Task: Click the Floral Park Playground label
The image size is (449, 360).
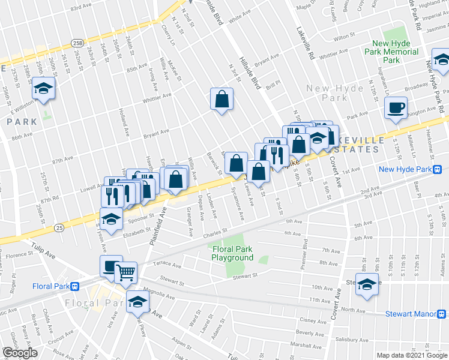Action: click(232, 253)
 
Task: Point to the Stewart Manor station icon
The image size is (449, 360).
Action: click(441, 313)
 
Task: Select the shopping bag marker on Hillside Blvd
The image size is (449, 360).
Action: click(221, 100)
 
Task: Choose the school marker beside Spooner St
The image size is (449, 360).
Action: click(111, 219)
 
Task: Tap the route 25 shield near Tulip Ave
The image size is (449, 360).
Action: click(58, 227)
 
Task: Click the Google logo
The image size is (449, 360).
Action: click(20, 353)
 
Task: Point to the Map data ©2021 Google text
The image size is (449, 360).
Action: click(412, 355)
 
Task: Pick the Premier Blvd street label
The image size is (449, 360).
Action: click(305, 252)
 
